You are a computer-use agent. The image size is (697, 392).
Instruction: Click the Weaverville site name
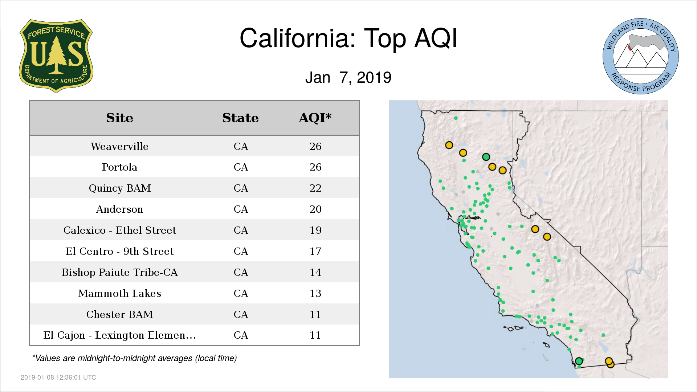119,146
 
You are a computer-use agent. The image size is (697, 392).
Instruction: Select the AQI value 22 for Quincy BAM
315,188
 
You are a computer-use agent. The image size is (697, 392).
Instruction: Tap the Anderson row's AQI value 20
315,209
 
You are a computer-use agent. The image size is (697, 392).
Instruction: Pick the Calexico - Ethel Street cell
120,230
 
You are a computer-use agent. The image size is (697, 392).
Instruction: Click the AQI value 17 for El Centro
315,251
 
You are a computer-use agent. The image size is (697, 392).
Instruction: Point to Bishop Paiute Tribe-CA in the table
120,272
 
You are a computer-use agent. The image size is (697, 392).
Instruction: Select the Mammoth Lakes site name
119,293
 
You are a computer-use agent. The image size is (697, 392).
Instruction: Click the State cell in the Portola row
241,167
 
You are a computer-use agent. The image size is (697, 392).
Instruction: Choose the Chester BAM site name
119,314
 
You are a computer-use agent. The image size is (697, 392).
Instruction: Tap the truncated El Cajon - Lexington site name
119,335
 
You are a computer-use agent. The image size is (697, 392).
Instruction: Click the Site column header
119,118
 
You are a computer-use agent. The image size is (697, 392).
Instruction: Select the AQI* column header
315,118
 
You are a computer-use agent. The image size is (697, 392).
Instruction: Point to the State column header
240,118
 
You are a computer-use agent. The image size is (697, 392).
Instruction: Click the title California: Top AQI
348,38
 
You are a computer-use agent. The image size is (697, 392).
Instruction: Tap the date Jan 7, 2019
348,77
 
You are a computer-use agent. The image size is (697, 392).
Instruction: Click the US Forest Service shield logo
56,56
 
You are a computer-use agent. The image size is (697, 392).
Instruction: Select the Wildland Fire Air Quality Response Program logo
641,56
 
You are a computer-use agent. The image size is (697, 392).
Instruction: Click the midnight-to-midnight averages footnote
134,358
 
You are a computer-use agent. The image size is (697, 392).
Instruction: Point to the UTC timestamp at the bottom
58,377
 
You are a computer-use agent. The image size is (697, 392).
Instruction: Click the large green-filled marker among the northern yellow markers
486,157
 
